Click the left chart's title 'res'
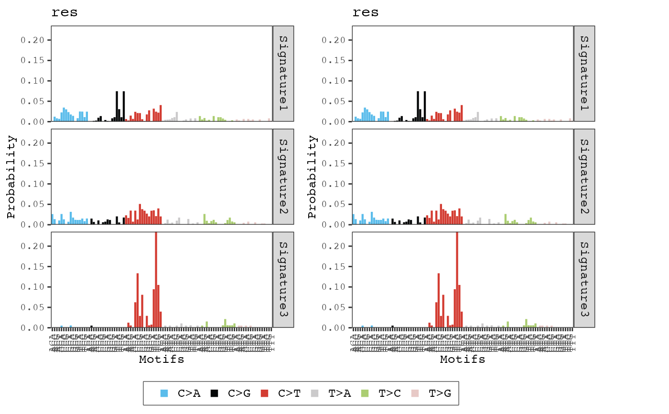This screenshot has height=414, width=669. (65, 13)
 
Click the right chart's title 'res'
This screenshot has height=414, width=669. (366, 13)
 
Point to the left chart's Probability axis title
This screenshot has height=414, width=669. (12, 177)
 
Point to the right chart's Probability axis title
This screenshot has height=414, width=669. (313, 177)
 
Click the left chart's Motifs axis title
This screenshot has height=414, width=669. (162, 360)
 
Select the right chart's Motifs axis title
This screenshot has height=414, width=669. (463, 360)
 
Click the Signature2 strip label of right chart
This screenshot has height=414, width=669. (584, 177)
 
